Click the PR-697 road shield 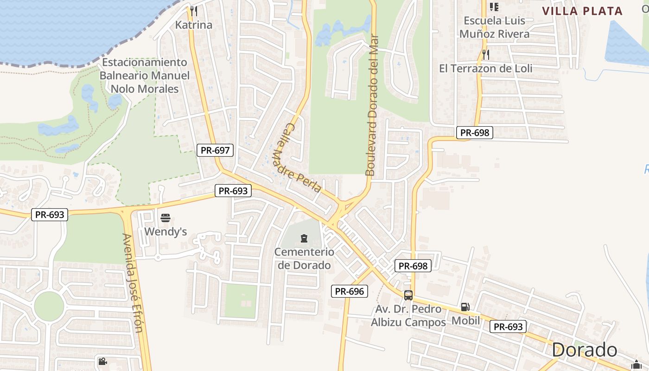215,150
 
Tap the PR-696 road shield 350,291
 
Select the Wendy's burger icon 165,218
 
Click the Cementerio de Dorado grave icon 304,239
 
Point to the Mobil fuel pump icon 465,307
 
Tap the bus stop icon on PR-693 408,295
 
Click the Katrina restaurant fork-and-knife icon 194,11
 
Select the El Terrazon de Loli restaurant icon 485,54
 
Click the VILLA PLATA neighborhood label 582,11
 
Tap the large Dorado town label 585,350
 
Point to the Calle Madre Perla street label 302,158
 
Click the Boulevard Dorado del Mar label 372,106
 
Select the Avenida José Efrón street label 132,283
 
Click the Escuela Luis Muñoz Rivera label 494,27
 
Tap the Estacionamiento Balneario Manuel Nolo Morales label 145,76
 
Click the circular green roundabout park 49,306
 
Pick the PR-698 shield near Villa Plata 474,133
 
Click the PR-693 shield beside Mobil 508,326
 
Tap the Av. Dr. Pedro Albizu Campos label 408,315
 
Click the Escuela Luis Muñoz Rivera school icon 494,6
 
